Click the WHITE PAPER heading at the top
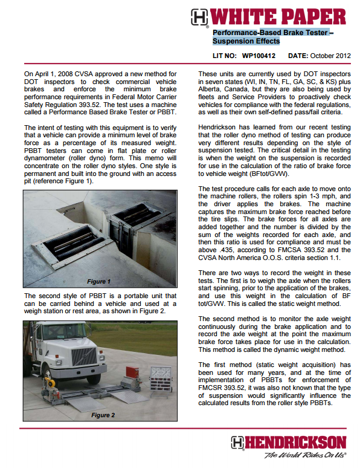pyautogui.click(x=278, y=17)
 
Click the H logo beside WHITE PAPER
pyautogui.click(x=199, y=17)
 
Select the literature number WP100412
pyautogui.click(x=259, y=56)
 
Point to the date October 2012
pyautogui.click(x=330, y=56)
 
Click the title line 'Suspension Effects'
pyautogui.click(x=246, y=41)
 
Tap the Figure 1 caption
pyautogui.click(x=98, y=281)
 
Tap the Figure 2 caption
pyautogui.click(x=103, y=415)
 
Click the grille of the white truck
pyautogui.click(x=84, y=357)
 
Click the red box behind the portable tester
pyautogui.click(x=132, y=374)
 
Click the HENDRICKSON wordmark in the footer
pyautogui.click(x=295, y=443)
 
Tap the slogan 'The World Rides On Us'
pyautogui.click(x=305, y=455)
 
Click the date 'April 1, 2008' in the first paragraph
pyautogui.click(x=53, y=74)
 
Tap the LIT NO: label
pyautogui.click(x=225, y=56)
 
